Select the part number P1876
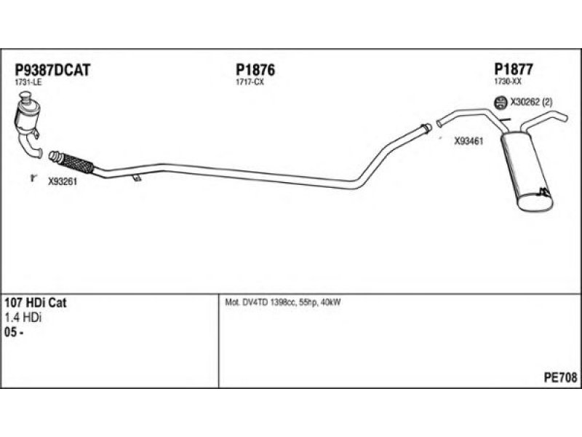point(255,70)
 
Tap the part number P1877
point(514,69)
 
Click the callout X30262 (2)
point(532,103)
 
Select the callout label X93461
point(469,143)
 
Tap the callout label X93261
point(63,182)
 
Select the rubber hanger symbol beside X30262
point(501,103)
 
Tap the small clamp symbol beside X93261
point(33,178)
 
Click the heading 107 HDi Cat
point(46,303)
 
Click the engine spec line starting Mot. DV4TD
point(279,302)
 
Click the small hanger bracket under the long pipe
point(136,178)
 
